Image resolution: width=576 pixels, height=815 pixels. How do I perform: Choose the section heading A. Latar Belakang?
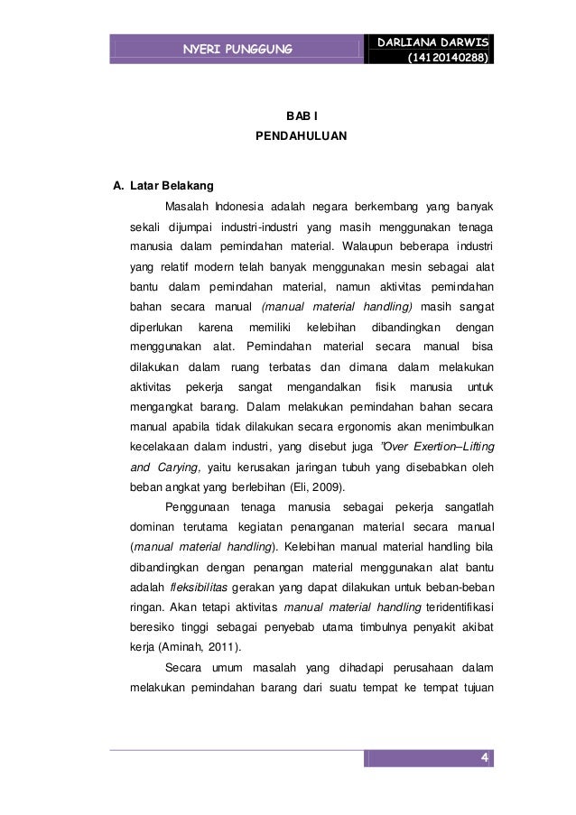[163, 188]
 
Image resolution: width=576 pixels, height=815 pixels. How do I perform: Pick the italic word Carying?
[181, 468]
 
